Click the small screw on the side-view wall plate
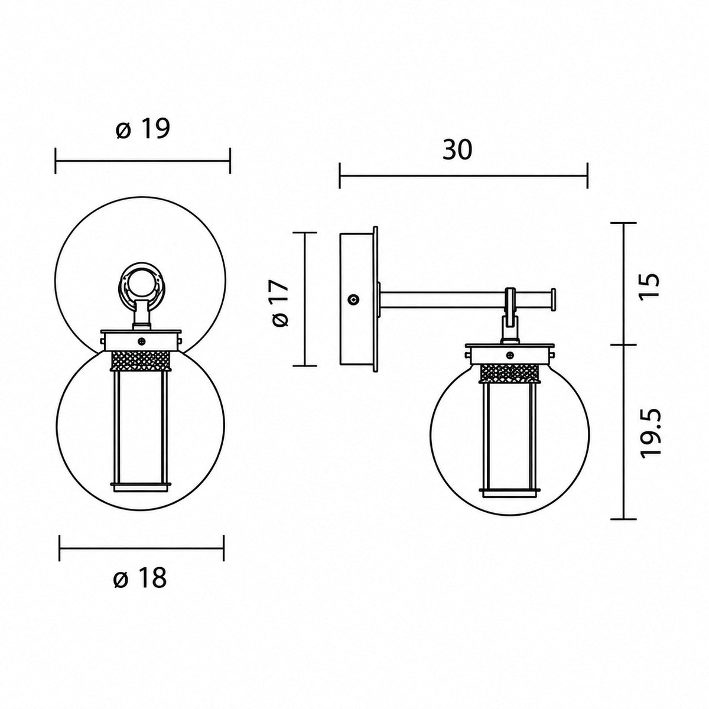(354, 300)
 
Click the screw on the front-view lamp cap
(142, 342)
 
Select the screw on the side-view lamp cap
(509, 355)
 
